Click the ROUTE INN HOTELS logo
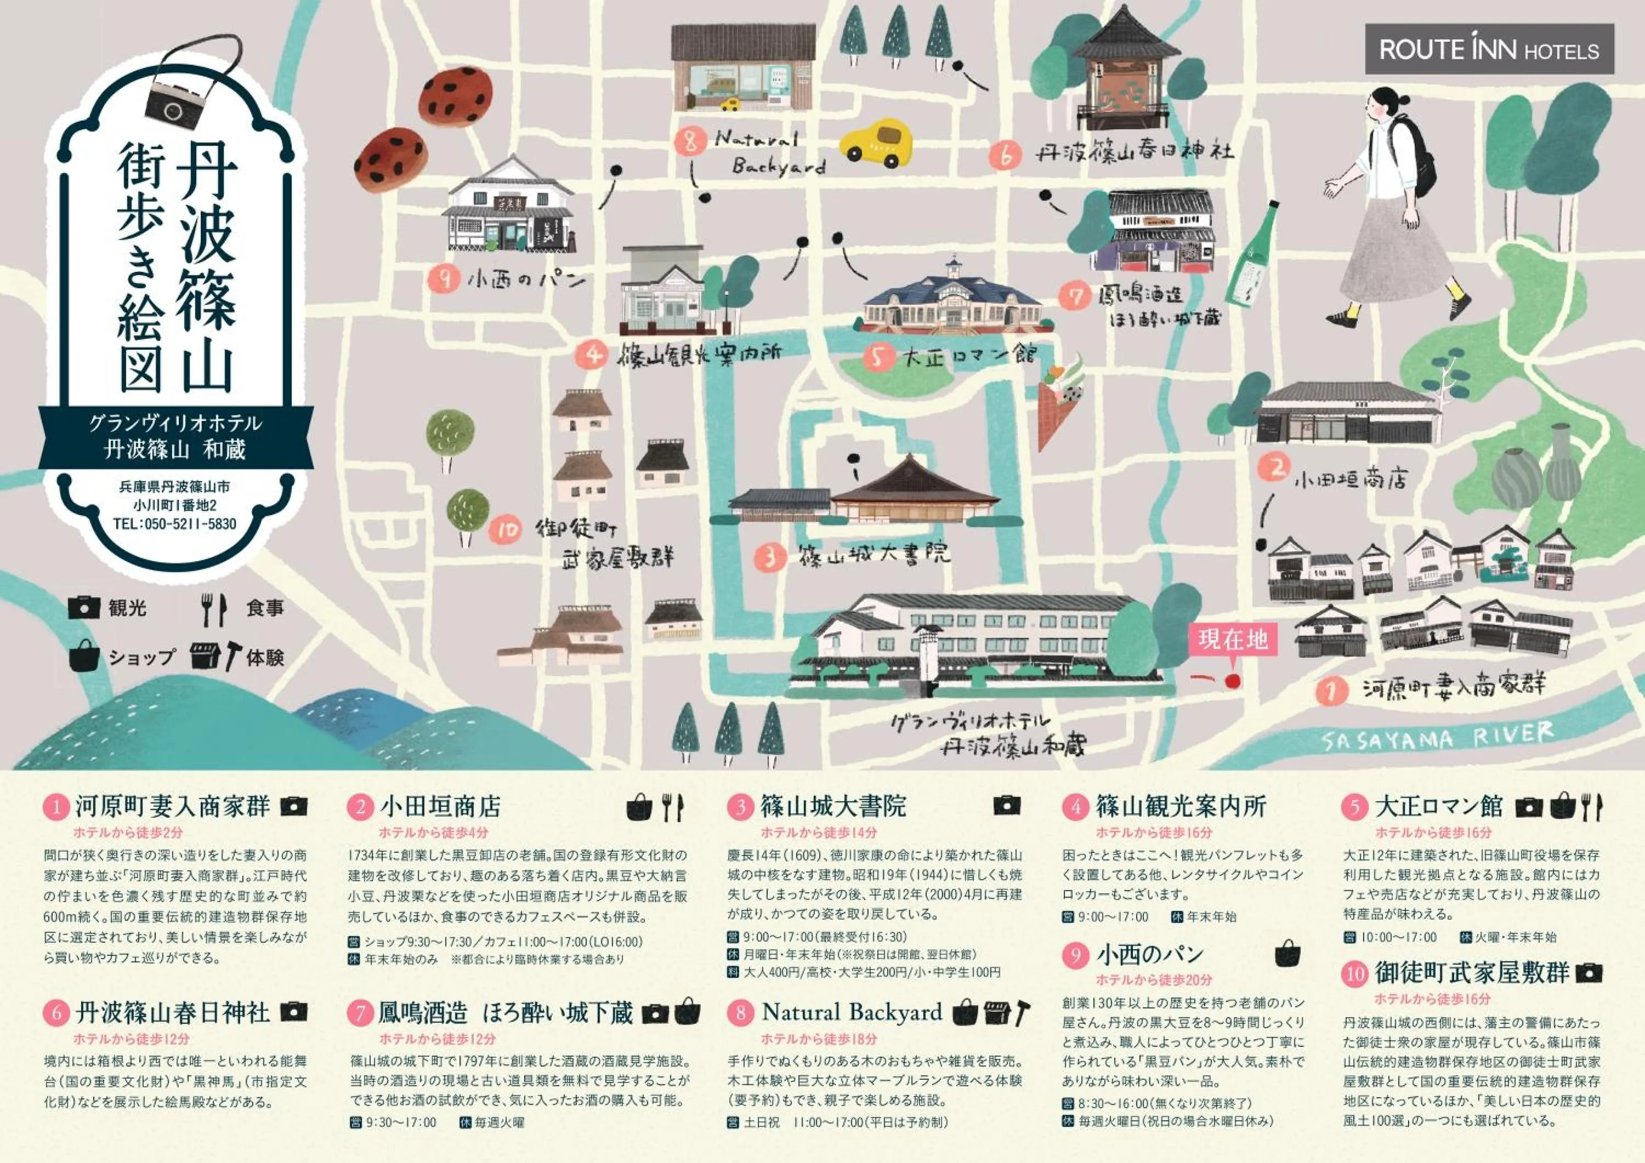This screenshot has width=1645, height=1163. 1489,49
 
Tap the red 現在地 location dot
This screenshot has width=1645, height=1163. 1232,681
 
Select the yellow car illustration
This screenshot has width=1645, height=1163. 876,143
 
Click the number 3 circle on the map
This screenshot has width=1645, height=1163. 771,556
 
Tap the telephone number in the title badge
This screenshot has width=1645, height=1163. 174,523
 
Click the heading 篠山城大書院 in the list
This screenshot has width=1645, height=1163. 833,806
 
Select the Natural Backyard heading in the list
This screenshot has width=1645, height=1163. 852,1012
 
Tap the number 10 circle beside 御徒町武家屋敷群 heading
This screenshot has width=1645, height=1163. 1353,974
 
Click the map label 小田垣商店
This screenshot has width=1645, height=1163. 1350,478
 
